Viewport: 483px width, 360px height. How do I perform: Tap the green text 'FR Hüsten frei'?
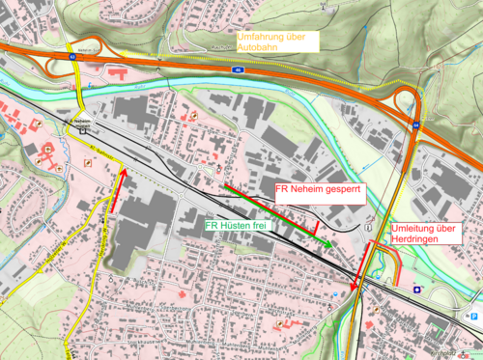pos(236,225)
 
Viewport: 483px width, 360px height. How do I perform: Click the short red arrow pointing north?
pos(123,186)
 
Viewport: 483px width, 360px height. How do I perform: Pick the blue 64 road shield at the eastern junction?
pos(416,125)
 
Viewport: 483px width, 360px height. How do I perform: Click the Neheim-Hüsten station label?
pos(80,120)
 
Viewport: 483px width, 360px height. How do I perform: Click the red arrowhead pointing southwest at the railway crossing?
pos(355,287)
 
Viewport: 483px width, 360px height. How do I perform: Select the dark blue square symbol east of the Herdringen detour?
pos(416,289)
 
